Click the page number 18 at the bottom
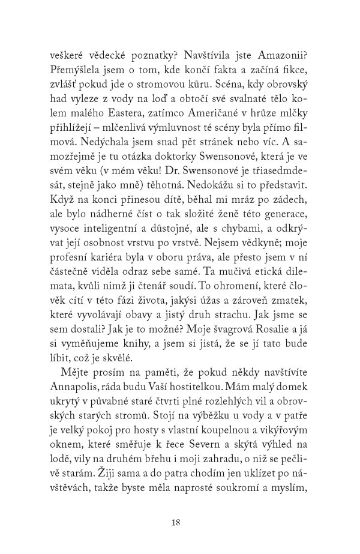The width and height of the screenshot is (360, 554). [176, 522]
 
